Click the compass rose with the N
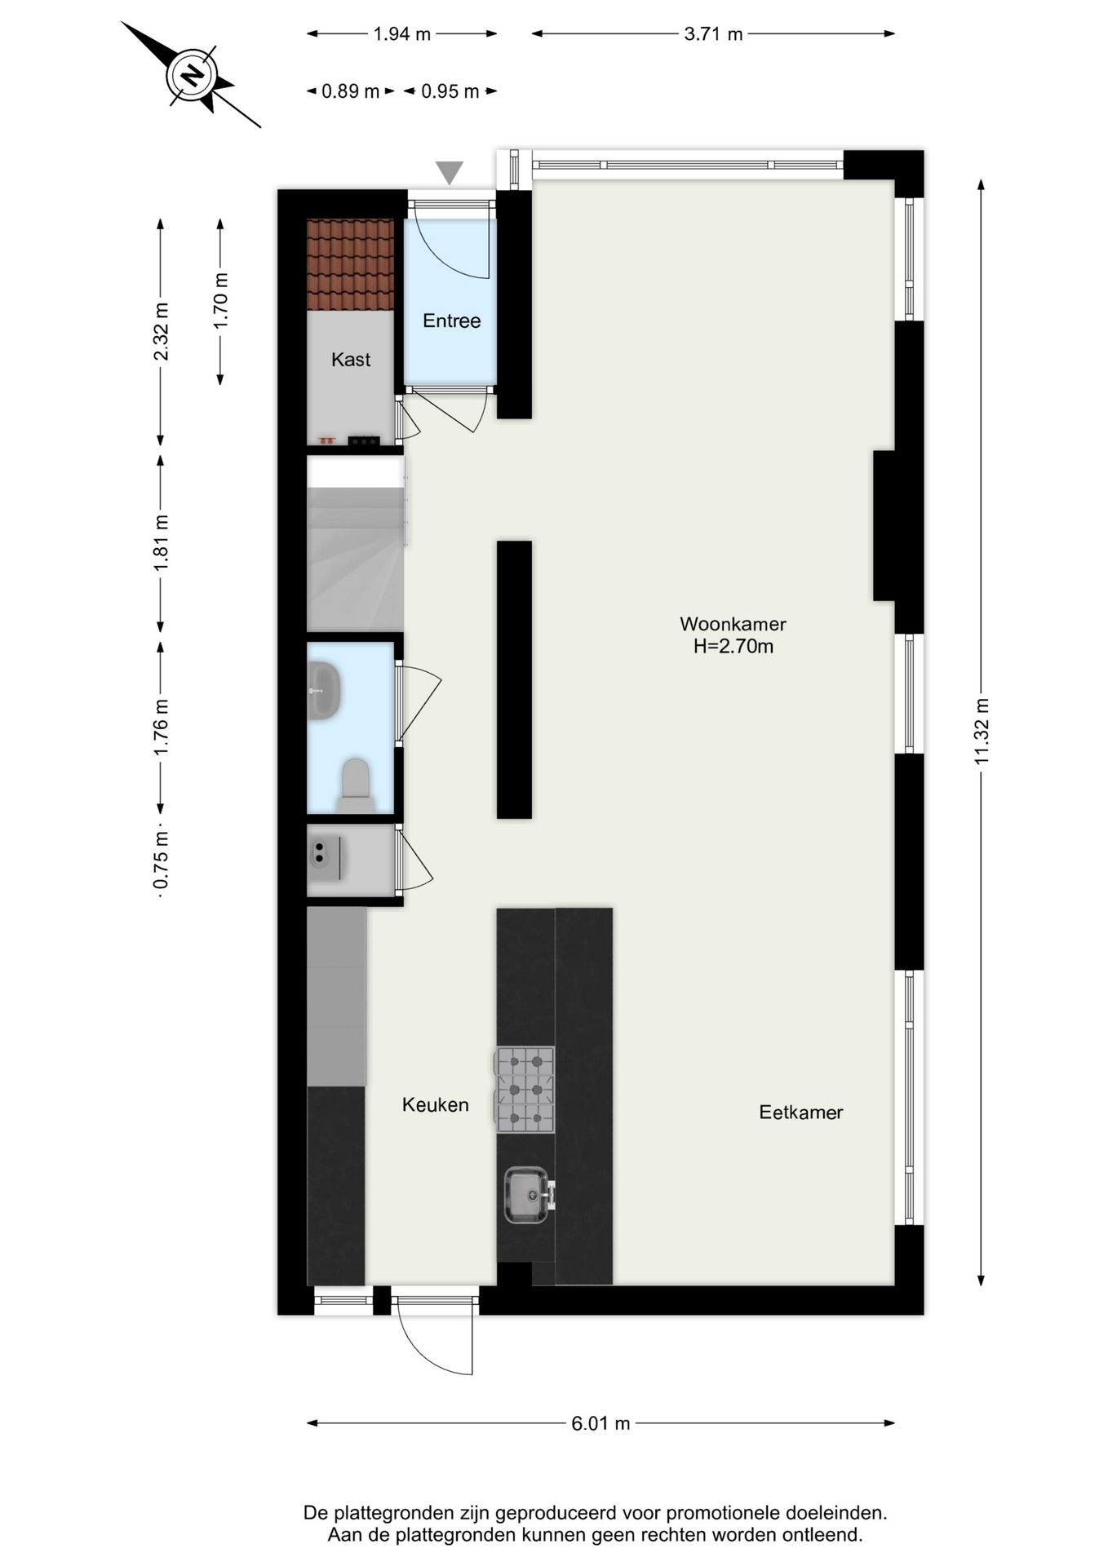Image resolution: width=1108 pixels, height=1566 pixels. tap(193, 76)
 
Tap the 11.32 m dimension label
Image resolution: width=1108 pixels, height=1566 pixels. tap(982, 732)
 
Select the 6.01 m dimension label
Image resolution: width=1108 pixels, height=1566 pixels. tap(601, 1423)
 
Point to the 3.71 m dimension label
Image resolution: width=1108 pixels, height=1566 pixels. tap(713, 34)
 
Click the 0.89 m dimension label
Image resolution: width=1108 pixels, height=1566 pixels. tap(350, 91)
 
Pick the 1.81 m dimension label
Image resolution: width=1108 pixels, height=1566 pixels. tap(162, 542)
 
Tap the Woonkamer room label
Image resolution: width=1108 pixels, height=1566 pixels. tap(733, 624)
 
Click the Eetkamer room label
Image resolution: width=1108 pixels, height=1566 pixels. tap(800, 1113)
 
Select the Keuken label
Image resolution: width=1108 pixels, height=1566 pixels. tap(435, 1105)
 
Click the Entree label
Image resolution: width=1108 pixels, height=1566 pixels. tap(451, 321)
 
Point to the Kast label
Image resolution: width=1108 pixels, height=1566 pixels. tap(351, 360)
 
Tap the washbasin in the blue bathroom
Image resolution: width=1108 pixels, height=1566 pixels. tap(324, 691)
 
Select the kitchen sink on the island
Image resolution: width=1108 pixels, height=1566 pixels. tap(528, 1195)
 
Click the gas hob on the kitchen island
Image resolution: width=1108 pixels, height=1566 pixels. tap(525, 1090)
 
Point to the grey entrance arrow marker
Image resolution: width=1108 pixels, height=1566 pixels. tap(449, 173)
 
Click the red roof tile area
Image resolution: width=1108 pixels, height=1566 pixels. tap(350, 265)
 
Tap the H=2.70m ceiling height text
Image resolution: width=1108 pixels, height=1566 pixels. tap(733, 647)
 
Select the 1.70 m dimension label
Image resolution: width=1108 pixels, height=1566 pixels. tap(220, 301)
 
